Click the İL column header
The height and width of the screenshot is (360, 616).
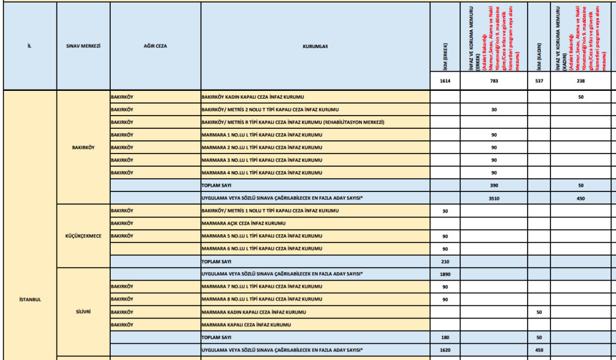tap(29, 46)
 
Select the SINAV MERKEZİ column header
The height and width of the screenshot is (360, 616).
tap(82, 46)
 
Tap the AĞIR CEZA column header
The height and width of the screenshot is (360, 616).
tap(155, 46)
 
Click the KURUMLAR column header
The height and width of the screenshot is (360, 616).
tap(315, 46)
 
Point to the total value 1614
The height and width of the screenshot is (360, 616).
tap(445, 81)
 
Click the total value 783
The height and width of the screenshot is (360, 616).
tap(493, 81)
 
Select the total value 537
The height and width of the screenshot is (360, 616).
tap(538, 81)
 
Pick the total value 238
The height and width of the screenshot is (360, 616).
tap(581, 81)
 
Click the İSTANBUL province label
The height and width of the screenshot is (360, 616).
tap(29, 300)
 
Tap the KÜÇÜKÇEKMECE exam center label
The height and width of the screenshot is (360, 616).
tap(83, 236)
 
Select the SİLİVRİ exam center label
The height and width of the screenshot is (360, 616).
tap(83, 312)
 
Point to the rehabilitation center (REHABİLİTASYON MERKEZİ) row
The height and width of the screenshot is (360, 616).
tap(292, 122)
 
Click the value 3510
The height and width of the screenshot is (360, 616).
tap(493, 197)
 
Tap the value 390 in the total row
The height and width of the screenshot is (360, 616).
tap(493, 185)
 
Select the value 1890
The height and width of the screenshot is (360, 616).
tap(445, 274)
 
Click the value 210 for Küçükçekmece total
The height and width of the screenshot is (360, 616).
tap(445, 261)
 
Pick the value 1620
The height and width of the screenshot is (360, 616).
tap(445, 350)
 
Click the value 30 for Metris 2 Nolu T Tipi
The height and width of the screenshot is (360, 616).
tap(493, 110)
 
